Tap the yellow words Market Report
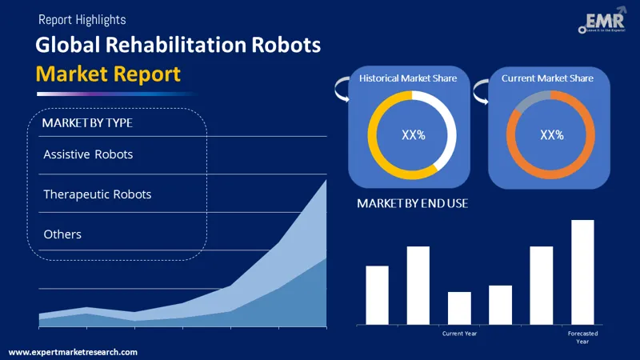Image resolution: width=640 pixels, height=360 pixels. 108,74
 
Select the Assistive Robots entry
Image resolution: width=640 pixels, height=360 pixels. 88,154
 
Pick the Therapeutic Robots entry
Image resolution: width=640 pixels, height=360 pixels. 97,194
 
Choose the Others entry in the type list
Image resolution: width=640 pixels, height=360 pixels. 62,234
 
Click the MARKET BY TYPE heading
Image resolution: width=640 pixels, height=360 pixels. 87,123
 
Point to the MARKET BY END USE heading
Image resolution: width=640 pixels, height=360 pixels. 412,204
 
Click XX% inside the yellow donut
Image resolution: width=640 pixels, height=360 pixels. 413,134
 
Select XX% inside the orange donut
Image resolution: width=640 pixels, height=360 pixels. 552,134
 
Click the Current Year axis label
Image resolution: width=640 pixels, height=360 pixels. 459,333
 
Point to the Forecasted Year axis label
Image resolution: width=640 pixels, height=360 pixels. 582,337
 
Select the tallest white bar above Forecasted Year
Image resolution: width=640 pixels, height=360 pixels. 582,272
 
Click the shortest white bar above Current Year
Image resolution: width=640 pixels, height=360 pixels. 459,308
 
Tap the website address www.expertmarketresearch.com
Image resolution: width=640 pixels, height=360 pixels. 73,352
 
